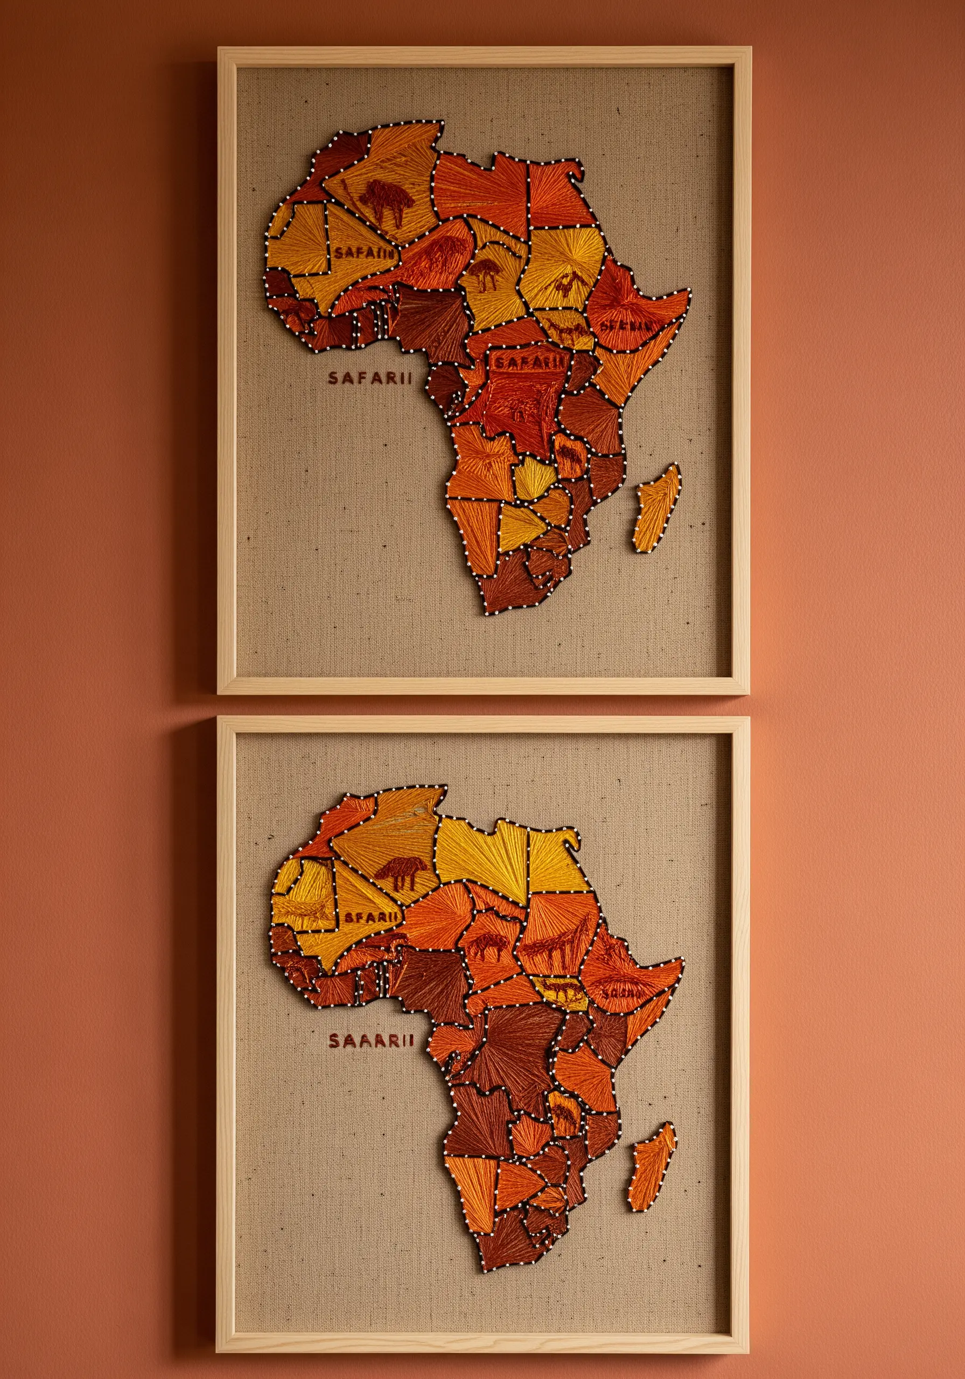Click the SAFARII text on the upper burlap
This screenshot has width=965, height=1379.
point(370,377)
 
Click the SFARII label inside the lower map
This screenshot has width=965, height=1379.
point(371,917)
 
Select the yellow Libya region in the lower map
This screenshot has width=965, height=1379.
point(484,848)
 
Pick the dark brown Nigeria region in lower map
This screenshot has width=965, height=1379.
point(423,980)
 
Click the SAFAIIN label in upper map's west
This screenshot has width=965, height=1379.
point(365,253)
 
